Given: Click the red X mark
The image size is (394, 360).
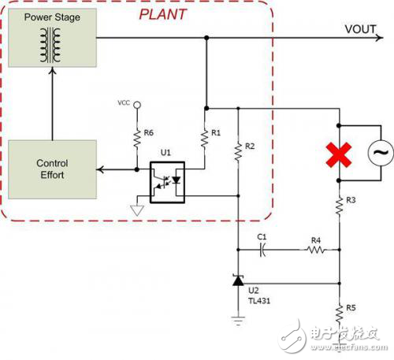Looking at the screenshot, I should (x=339, y=154).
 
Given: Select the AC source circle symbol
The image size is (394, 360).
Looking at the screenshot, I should (x=378, y=154).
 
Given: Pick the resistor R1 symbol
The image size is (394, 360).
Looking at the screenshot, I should (x=206, y=138).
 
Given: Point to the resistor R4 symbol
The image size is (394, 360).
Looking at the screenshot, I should (x=314, y=251).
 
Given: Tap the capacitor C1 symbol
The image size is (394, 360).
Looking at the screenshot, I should (x=263, y=251).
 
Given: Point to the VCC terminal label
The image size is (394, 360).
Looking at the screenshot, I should (x=123, y=103).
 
